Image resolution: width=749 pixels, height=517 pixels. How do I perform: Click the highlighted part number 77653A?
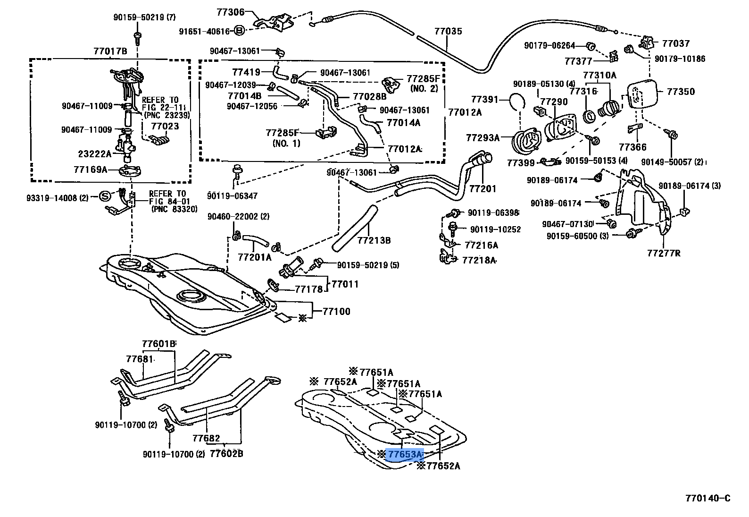coord(405,455)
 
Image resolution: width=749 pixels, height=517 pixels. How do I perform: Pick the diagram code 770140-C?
coord(707,498)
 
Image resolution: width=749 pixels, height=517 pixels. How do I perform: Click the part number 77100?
coord(336,312)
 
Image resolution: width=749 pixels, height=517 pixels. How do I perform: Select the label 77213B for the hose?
coord(374,240)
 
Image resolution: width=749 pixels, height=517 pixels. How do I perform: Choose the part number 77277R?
coord(664,253)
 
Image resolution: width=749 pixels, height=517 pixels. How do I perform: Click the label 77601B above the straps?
coord(158,343)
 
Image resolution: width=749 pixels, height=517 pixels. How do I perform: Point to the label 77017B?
coord(110,51)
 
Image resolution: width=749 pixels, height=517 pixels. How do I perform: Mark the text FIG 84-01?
coord(167,201)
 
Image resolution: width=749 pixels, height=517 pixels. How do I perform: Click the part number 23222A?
coord(94,153)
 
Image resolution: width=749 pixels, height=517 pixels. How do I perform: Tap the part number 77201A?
coord(255,257)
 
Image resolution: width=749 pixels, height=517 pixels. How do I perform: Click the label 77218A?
coord(479,260)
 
